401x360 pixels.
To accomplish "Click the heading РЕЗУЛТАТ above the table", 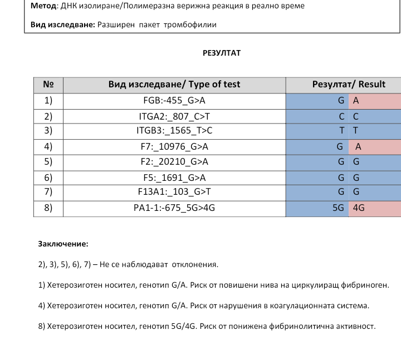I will pyautogui.click(x=222, y=53).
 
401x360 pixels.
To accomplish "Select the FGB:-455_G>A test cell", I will pyautogui.click(x=174, y=101).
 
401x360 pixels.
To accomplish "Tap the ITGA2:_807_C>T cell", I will pyautogui.click(x=174, y=116).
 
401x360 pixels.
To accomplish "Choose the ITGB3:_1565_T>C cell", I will pyautogui.click(x=174, y=131).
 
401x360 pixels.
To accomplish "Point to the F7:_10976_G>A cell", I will pyautogui.click(x=174, y=147).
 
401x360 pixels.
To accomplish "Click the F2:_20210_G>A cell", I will pyautogui.click(x=174, y=162).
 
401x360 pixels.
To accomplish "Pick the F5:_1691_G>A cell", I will pyautogui.click(x=174, y=178).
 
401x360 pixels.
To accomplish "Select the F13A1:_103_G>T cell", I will pyautogui.click(x=174, y=192).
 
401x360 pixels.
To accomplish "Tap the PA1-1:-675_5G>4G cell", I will pyautogui.click(x=174, y=208).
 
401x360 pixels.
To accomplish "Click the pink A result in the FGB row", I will pyautogui.click(x=356, y=101).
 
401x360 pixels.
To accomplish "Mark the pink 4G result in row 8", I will pyautogui.click(x=359, y=208).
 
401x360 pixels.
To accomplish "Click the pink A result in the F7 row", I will pyautogui.click(x=358, y=147).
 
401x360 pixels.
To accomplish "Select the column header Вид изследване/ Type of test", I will pyautogui.click(x=174, y=85).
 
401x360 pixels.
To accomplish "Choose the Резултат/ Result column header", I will pyautogui.click(x=349, y=85).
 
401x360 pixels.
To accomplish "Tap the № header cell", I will pyautogui.click(x=48, y=85).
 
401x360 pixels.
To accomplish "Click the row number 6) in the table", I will pyautogui.click(x=48, y=178).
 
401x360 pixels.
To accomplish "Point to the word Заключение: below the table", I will pyautogui.click(x=63, y=244).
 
